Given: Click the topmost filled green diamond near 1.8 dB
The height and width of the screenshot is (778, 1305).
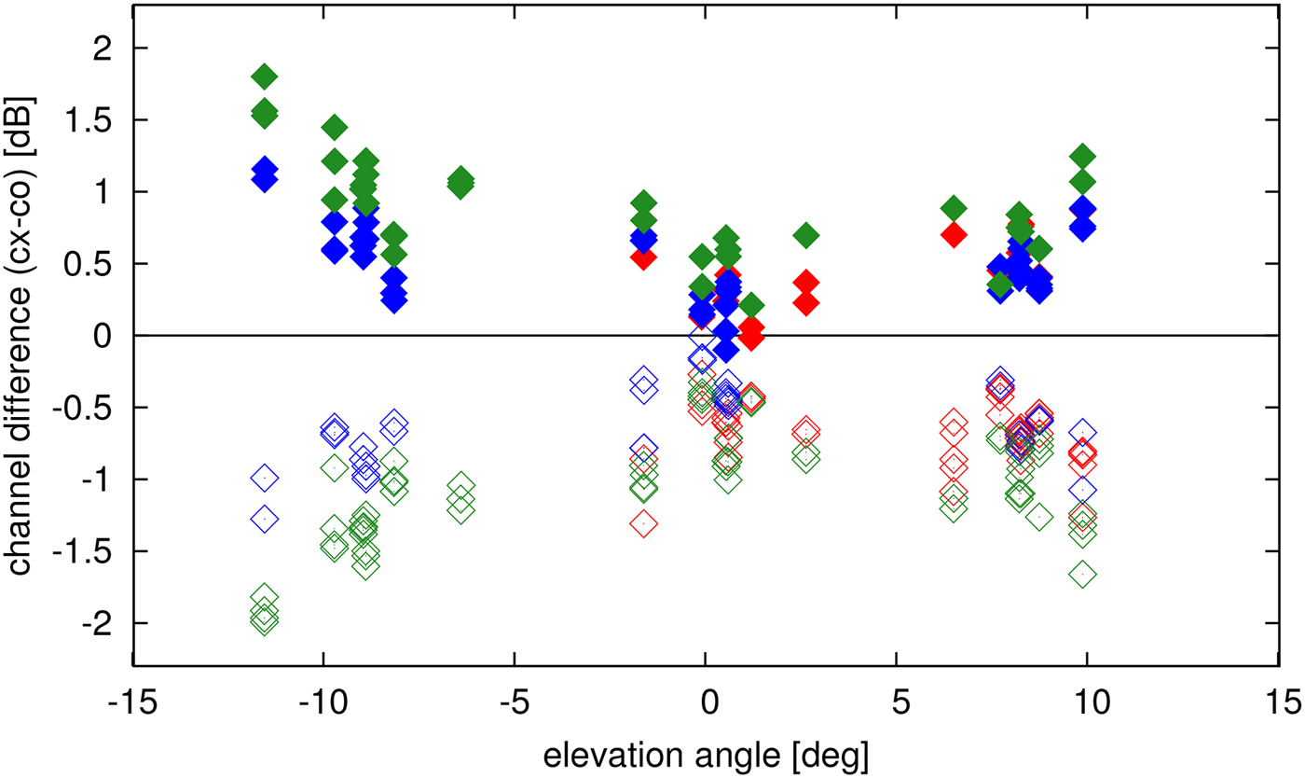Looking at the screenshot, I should [x=265, y=76].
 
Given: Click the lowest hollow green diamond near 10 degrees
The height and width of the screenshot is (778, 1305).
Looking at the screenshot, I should [x=1083, y=575].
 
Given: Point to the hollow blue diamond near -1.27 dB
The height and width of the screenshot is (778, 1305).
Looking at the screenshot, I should [x=265, y=518].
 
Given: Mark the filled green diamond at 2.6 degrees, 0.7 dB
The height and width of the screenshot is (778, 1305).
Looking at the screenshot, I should [x=806, y=235].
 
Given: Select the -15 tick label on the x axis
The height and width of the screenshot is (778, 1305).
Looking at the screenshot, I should [x=132, y=700].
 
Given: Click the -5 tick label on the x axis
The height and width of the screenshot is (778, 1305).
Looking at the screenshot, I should [x=514, y=700].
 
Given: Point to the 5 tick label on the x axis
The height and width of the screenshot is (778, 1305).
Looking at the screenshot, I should [x=896, y=700].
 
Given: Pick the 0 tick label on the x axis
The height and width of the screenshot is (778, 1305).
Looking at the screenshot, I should [x=706, y=700].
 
